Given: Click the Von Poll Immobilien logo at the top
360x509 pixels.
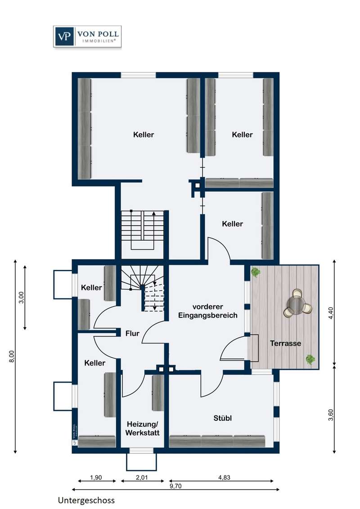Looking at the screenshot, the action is click(87, 36).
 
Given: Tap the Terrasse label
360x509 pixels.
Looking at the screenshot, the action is click(285, 343).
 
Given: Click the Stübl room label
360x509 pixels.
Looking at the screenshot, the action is click(223, 418).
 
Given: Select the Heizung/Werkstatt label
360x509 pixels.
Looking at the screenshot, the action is click(142, 429).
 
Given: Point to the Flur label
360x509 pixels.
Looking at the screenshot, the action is click(132, 333).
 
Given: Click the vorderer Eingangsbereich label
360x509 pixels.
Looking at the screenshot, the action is click(207, 311).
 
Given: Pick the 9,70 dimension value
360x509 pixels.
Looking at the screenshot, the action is click(175, 486).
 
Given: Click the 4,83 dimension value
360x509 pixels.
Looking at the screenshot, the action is click(224, 478).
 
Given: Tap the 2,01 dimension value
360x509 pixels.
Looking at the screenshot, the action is click(142, 478).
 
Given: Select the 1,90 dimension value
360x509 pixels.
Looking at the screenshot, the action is click(96, 478).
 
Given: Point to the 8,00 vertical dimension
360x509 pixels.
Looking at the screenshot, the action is click(12, 356).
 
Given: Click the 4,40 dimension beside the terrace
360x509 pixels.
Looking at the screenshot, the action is click(331, 313).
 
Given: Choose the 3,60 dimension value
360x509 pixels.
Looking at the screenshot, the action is click(331, 415).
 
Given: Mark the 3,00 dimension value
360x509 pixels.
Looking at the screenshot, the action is click(22, 297).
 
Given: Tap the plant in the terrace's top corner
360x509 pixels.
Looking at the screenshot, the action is click(256, 272).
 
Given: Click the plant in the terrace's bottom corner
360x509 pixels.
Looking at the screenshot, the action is click(310, 359).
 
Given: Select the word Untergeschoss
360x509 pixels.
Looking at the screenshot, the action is click(86, 500).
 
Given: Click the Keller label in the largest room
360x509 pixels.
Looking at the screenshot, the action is click(144, 134).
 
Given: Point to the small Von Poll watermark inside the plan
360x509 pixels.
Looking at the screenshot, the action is click(74, 434).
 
